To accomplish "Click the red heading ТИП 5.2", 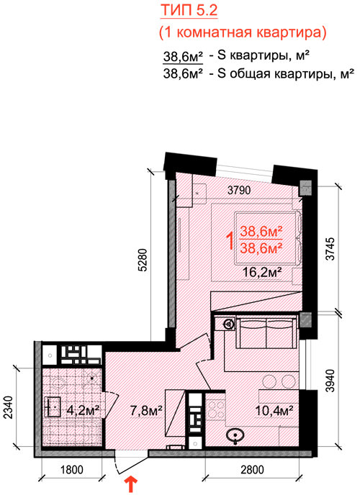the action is [189, 10].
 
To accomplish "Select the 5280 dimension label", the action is [143, 260].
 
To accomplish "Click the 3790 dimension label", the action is [239, 190].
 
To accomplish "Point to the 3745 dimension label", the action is [330, 249].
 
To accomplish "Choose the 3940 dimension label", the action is [330, 381].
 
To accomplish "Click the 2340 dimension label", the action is [9, 407].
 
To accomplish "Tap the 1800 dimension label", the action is [72, 470].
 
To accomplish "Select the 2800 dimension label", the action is [252, 470].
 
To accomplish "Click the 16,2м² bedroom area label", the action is [262, 271].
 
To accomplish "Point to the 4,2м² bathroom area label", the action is [84, 410].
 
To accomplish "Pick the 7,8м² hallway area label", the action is [146, 410].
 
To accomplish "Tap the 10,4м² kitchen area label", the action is [274, 410].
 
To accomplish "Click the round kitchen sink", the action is [235, 435].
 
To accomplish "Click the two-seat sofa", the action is [267, 332].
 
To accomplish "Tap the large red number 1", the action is [231, 241].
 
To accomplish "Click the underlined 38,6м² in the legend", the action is [183, 57].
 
